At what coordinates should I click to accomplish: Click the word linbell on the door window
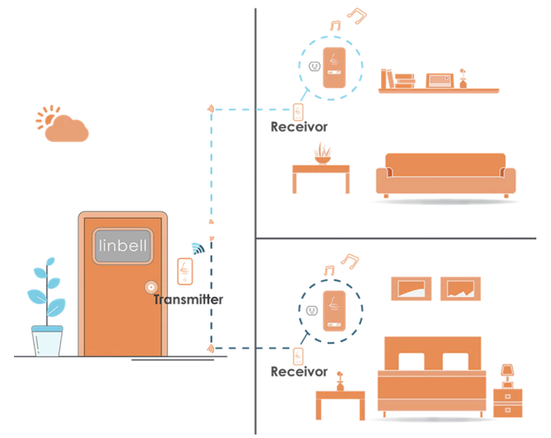pos(124,246)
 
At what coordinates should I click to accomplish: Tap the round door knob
pos(150,287)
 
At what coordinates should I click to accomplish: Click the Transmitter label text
pos(189,300)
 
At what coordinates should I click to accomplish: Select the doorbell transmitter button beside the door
pos(185,271)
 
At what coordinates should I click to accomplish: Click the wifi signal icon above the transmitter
pos(199,248)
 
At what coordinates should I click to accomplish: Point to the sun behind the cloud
pos(48,117)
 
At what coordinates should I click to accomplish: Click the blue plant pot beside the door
pos(47,340)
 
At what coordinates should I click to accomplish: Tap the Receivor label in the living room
pos(298,127)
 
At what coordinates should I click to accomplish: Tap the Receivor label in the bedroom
pos(298,372)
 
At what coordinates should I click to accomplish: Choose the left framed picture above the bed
pos(411,289)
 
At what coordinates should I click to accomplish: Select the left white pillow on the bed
pos(412,360)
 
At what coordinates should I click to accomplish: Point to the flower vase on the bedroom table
pos(340,381)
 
